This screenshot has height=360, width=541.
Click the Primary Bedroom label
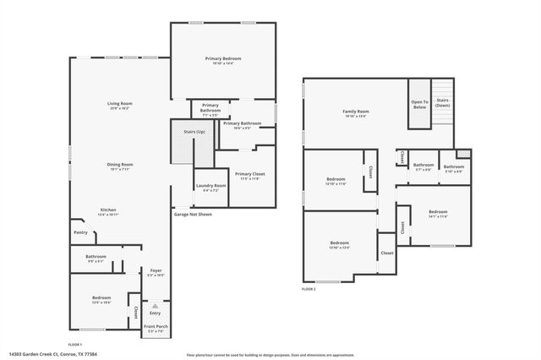point(223,58)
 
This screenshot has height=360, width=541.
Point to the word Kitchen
point(108,210)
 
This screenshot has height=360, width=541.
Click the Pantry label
point(80,232)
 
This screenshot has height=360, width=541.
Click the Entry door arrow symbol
point(155,306)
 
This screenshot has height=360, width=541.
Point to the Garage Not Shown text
point(193,215)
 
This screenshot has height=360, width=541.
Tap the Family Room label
point(356,112)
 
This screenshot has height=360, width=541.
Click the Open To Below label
point(420,105)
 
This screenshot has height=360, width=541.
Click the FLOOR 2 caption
point(309,289)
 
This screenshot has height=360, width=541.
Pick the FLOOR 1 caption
point(75,344)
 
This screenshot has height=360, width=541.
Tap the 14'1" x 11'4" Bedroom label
point(437,211)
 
